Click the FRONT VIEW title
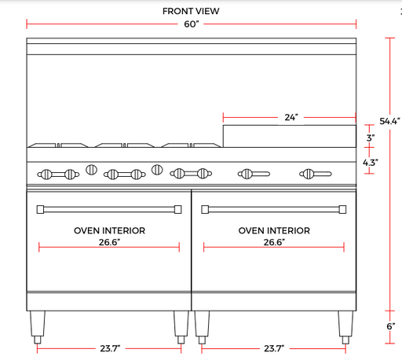point(191,11)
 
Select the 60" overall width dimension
point(192,24)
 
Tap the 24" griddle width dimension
point(291,117)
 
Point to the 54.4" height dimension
point(389,121)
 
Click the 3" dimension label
point(371,138)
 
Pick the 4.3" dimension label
point(370,163)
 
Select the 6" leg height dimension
point(391,326)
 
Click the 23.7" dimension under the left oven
point(110,348)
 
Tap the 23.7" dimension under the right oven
point(274,348)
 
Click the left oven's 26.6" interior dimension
point(109,242)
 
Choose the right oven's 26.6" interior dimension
point(274,242)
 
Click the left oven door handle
point(109,209)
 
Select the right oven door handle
point(274,209)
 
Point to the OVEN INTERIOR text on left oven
point(109,230)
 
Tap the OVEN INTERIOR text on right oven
point(274,230)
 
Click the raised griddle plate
point(290,136)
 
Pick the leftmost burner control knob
point(46,174)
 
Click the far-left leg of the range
point(38,327)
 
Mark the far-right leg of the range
point(345,327)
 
